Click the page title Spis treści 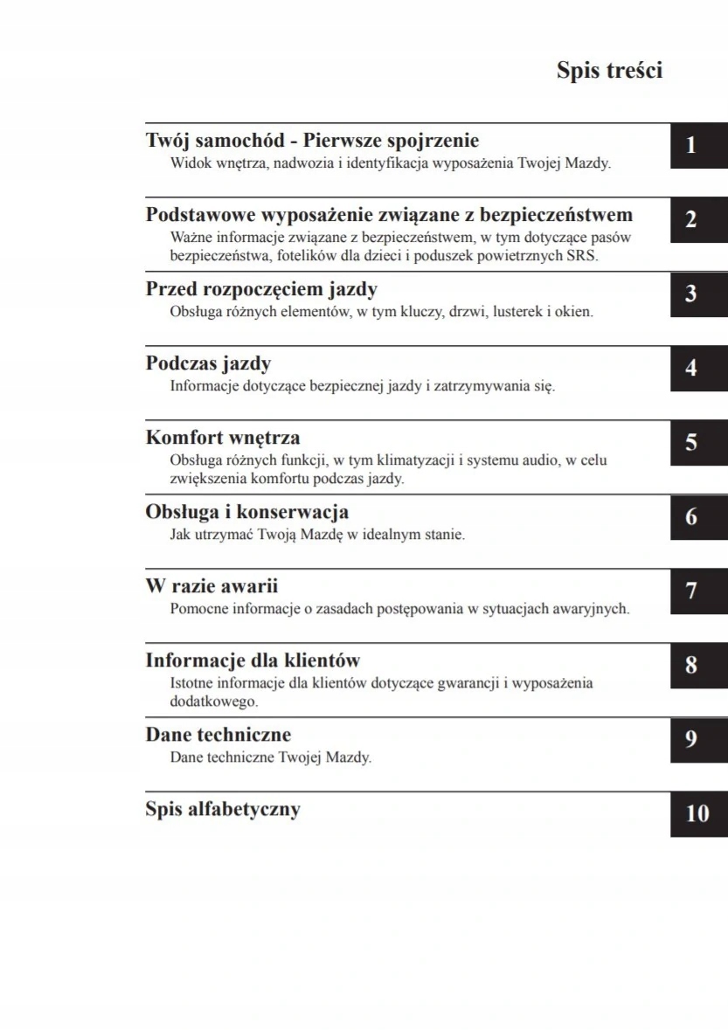pos(609,71)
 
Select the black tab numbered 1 pos(698,146)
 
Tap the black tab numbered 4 pos(698,369)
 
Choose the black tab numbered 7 pos(698,591)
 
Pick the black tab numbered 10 pos(698,814)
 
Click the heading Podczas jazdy pos(208,363)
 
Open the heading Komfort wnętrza pos(223,438)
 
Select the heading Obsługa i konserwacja pos(247,512)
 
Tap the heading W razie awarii pos(211,586)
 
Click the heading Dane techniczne pos(218,735)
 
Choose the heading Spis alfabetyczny pos(223,809)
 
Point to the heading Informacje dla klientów pos(253,660)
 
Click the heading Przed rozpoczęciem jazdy pos(261,289)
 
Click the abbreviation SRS pos(581,256)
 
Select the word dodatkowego pos(214,702)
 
